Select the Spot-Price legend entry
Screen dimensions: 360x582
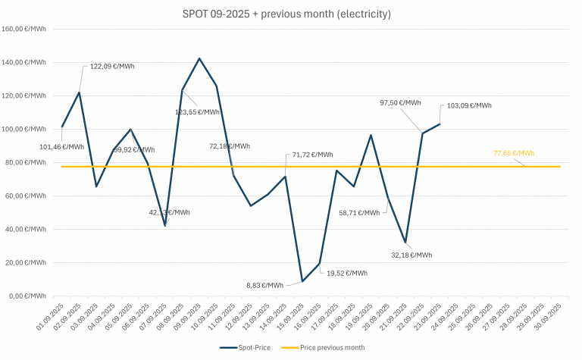pos(250,347)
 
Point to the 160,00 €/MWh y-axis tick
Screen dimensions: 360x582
pos(25,30)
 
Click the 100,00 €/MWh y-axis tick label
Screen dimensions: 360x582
pos(25,129)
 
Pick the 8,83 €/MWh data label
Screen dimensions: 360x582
pos(264,286)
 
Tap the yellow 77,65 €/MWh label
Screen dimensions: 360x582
pos(513,153)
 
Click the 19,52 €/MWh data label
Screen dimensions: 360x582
pos(347,273)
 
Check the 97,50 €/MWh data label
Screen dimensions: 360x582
pos(400,102)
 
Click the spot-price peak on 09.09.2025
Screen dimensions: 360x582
pos(199,58)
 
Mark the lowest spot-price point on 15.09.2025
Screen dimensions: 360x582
pos(302,281)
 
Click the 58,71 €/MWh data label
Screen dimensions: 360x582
pos(359,213)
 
